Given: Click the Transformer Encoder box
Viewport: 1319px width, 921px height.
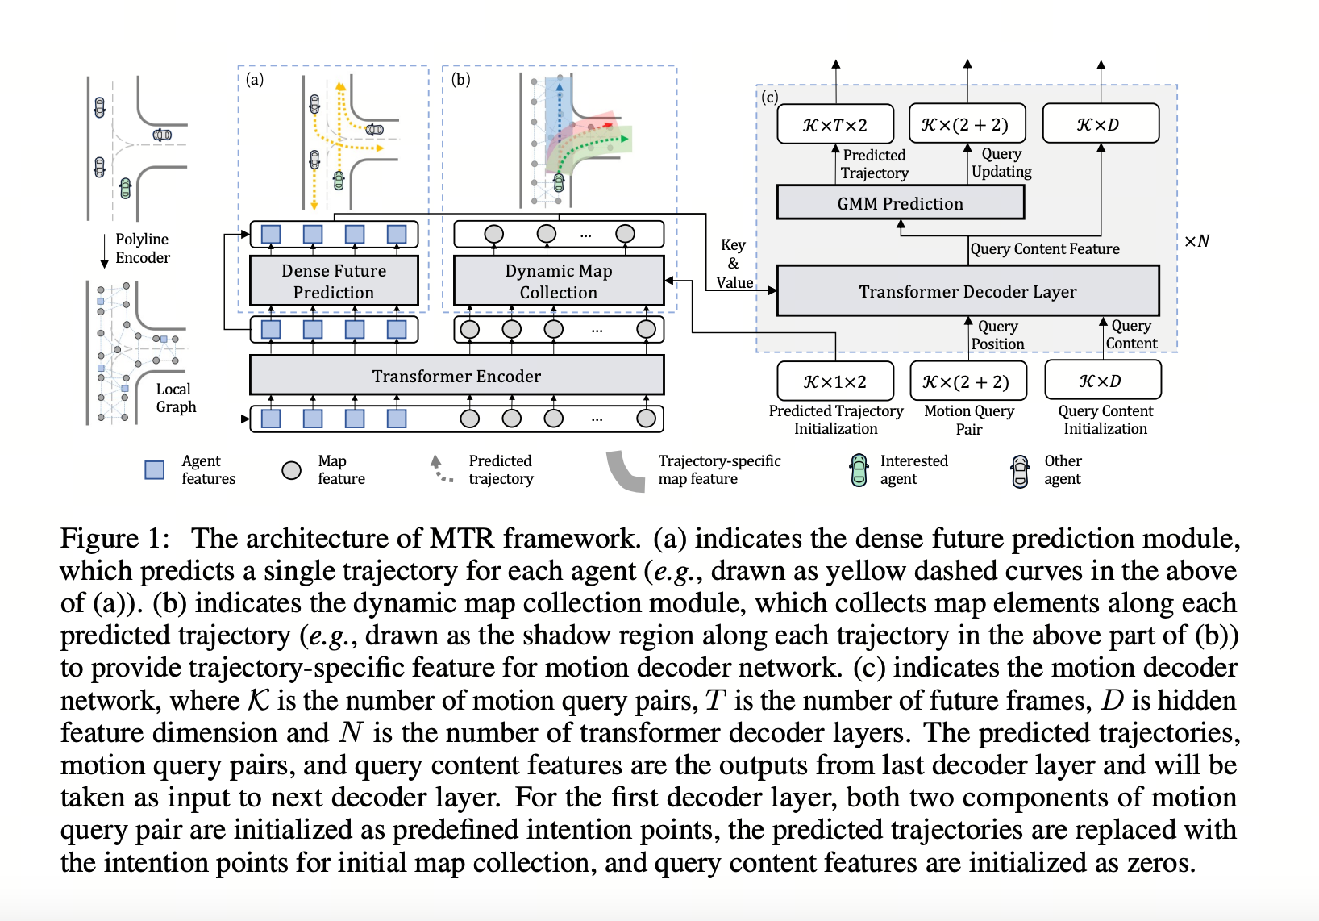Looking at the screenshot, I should pos(456,376).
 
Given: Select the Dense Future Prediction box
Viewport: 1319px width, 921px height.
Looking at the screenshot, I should pos(334,281).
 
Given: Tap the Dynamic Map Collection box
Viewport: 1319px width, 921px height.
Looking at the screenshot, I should pos(558,281).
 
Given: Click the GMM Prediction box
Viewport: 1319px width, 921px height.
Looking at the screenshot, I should pos(900,203).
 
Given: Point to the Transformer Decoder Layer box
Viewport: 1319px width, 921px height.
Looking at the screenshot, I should pos(967,291).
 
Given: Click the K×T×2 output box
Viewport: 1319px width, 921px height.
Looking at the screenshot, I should pos(835,125).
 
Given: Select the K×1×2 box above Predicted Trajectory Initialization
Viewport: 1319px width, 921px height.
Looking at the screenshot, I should pos(835,381).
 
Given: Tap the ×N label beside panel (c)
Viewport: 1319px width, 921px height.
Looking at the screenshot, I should pos(1196,241).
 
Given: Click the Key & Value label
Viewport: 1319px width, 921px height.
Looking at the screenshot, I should pos(734,264).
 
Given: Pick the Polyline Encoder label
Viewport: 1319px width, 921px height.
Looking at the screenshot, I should pos(142,248).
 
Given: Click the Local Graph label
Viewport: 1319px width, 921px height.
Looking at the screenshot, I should pos(175,398).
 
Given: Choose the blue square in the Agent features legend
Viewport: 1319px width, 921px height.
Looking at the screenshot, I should pos(154,470).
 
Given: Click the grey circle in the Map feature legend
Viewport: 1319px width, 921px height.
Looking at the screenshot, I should pos(291,470).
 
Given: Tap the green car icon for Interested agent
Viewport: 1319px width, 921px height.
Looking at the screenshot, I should pos(859,470).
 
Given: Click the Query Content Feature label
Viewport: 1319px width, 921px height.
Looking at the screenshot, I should pos(1045,249).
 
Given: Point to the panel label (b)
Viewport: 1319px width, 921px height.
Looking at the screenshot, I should pos(460,79).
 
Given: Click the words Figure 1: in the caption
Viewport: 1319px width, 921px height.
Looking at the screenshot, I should pos(114,539).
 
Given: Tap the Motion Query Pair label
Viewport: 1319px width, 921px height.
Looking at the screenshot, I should pos(969,420).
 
